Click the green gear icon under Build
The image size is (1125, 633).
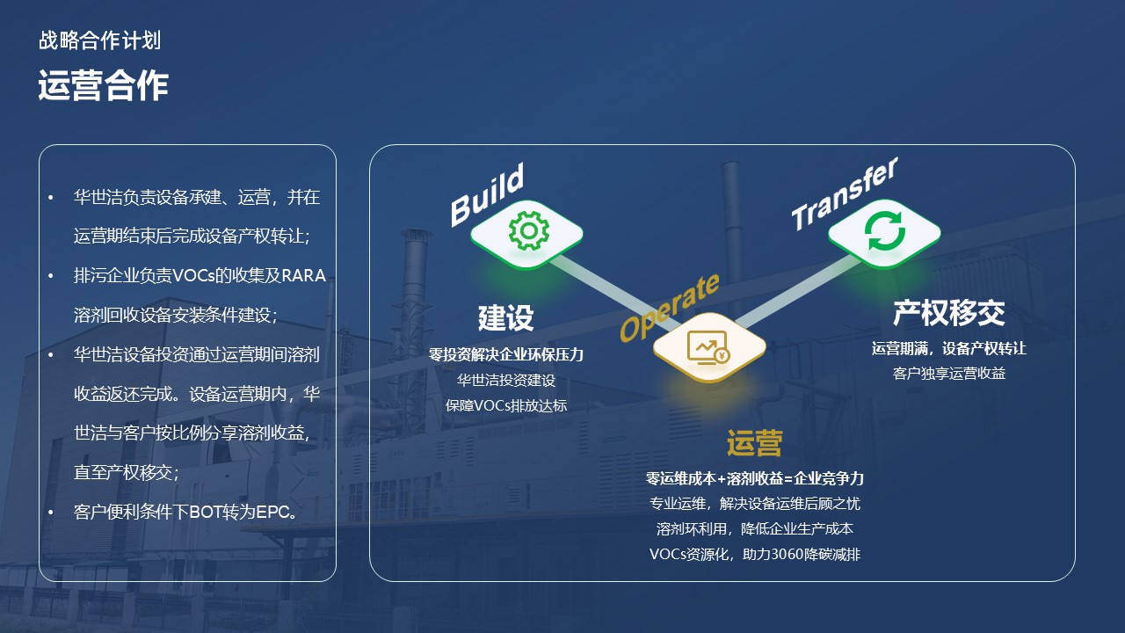[x=527, y=230]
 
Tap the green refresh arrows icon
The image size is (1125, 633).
[x=884, y=230]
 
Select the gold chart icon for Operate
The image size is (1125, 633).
[x=709, y=347]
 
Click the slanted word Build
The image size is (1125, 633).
[x=487, y=194]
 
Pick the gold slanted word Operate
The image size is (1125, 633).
[x=669, y=307]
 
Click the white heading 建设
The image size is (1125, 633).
[x=505, y=317]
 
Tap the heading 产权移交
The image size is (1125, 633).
[x=948, y=312]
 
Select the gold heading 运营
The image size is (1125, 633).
[x=754, y=443]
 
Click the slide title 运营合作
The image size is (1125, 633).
[x=103, y=86]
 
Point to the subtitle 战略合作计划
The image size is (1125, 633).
[x=99, y=40]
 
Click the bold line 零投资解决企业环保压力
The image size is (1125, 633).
[x=505, y=355]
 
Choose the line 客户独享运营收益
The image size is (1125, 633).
[x=948, y=374]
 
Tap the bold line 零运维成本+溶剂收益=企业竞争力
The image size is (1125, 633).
[x=754, y=479]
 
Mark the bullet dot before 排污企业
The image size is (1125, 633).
[x=51, y=276]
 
